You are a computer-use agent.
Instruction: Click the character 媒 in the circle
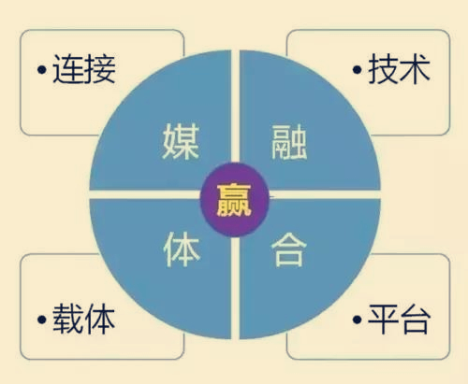coord(181,141)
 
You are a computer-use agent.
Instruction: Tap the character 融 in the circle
coord(289,142)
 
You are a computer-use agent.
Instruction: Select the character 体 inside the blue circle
coord(182,249)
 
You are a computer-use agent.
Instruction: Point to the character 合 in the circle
coord(289,249)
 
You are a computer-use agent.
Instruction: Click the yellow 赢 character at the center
coord(234,200)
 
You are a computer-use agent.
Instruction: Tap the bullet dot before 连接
coord(42,70)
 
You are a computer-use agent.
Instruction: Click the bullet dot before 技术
coord(358,70)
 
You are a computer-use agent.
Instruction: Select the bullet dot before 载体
coord(42,320)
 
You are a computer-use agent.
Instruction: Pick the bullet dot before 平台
coord(358,320)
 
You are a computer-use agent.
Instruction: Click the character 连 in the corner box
coord(68,69)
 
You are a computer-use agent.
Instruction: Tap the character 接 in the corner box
coord(100,69)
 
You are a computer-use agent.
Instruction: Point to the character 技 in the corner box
coord(384,69)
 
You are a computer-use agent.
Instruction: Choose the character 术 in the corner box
coord(416,69)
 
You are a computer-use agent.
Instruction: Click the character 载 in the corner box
coord(68,319)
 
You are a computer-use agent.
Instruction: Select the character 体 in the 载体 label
coord(100,319)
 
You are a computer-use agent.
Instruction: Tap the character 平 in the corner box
coord(384,319)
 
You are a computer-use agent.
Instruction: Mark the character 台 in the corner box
coord(416,319)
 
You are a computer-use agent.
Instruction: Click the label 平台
coord(400,319)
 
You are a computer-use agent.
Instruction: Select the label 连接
coord(84,69)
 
